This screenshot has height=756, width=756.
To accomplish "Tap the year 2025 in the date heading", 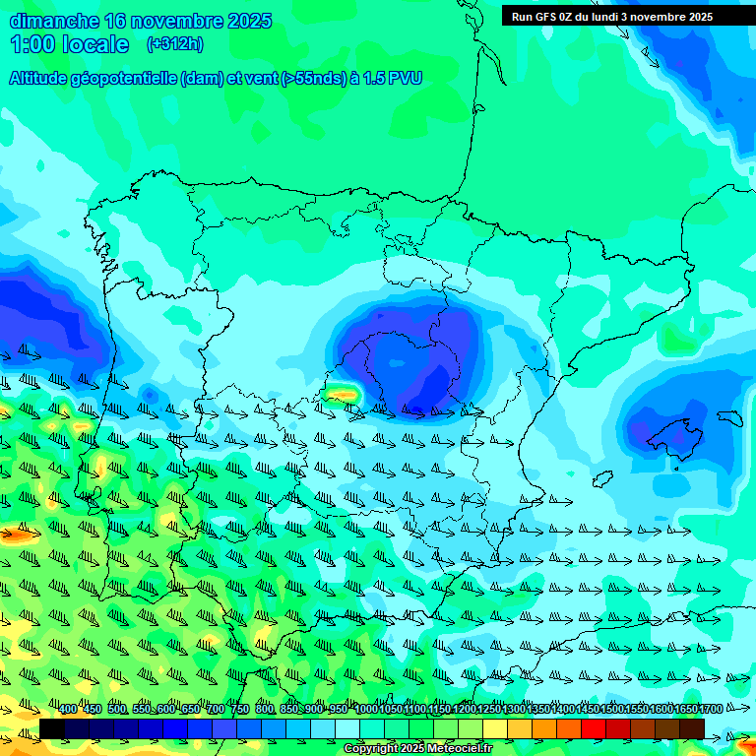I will pos(249,21).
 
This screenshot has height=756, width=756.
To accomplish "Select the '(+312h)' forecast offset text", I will pos(174,44).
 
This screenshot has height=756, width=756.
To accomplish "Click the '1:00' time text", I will pos(31,44).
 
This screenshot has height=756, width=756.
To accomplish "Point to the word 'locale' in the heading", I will pos(95,44).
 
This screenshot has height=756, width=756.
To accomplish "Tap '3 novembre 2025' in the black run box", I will pos(666,17).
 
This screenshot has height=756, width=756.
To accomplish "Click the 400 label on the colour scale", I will pos(68,710).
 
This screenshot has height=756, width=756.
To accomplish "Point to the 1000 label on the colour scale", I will pos(366,710).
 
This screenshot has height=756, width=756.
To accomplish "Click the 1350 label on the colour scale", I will pos(537,710).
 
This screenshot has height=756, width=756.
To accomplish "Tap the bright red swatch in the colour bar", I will pos(593,728).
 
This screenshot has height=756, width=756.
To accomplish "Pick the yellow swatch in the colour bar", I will pos(495,728).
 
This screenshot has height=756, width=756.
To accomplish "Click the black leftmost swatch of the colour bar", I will pos(52,728).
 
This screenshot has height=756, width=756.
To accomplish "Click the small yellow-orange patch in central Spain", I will pos(342,395).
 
